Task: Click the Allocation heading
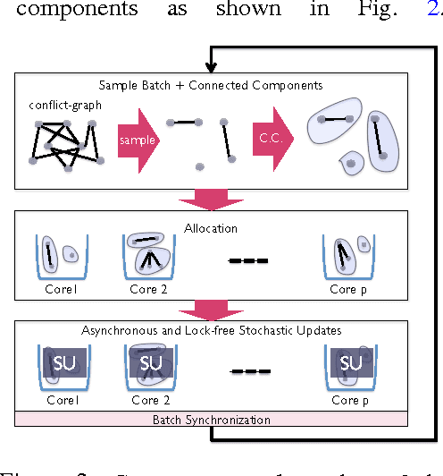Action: click(x=212, y=227)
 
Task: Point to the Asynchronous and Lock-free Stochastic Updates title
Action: click(x=212, y=331)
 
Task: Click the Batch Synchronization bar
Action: click(x=212, y=419)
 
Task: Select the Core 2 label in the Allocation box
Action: click(x=147, y=291)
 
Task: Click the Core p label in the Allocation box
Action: click(x=350, y=291)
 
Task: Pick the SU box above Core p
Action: click(x=351, y=363)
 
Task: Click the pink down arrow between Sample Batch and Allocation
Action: click(x=212, y=199)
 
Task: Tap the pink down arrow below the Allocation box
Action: click(x=212, y=309)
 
